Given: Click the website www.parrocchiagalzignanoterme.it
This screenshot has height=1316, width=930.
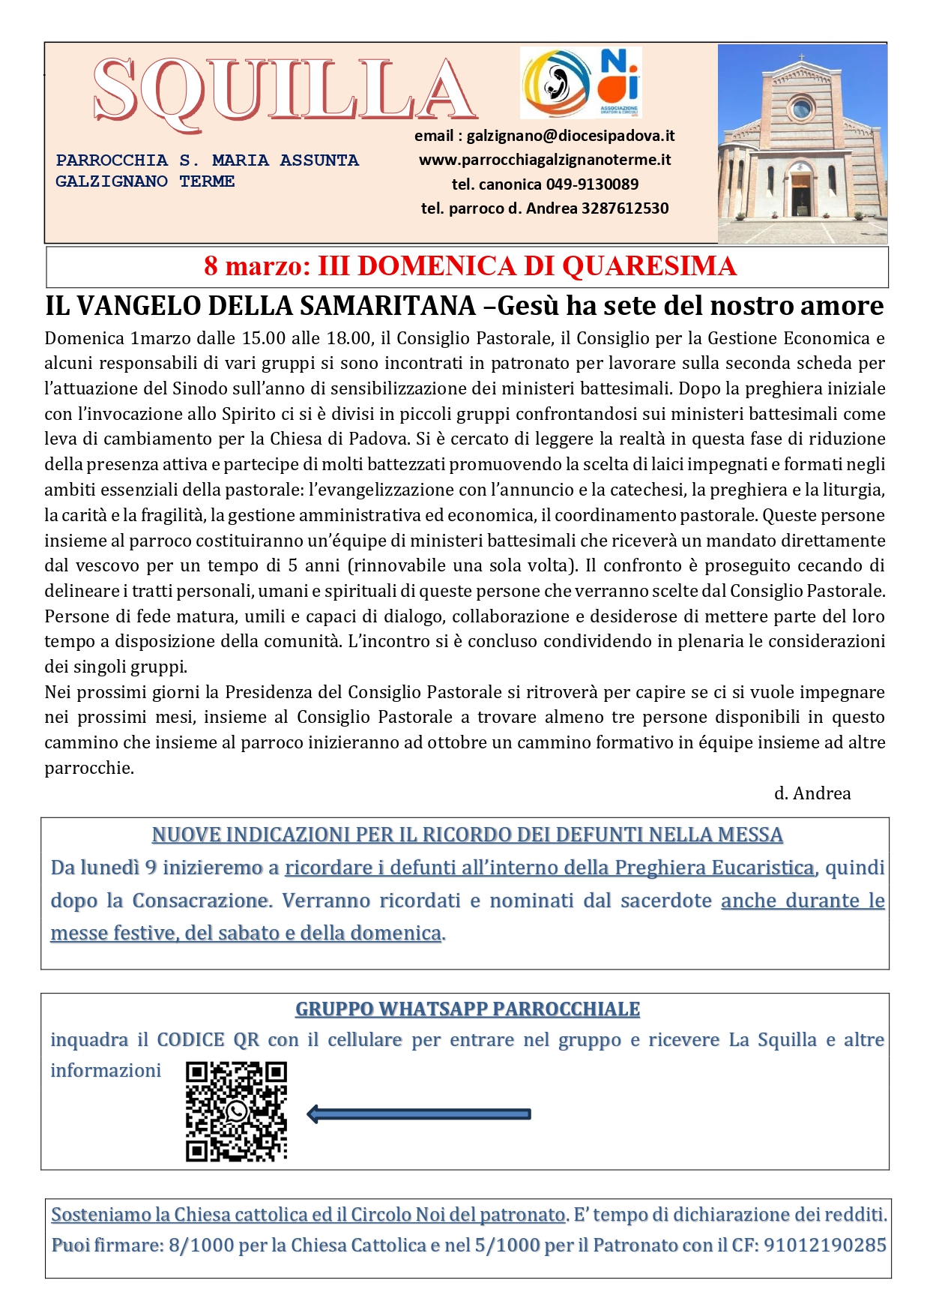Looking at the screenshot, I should click(x=545, y=160).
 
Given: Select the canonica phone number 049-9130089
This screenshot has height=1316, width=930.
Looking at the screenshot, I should click(x=592, y=184).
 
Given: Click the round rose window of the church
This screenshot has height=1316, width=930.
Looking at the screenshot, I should click(x=801, y=109).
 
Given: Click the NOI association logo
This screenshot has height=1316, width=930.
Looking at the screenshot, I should click(x=619, y=81).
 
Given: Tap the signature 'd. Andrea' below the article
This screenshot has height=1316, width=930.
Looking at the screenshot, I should click(x=812, y=793).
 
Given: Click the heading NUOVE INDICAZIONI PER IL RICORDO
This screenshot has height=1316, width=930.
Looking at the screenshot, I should click(x=467, y=835).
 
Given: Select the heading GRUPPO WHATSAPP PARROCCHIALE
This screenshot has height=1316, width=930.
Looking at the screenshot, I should click(x=467, y=1009).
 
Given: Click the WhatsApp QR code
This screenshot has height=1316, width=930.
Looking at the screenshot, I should click(x=236, y=1111).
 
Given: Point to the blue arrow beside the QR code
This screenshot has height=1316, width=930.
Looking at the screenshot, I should click(x=419, y=1114).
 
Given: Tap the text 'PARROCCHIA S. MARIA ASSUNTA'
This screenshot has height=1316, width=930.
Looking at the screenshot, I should click(x=208, y=160).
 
